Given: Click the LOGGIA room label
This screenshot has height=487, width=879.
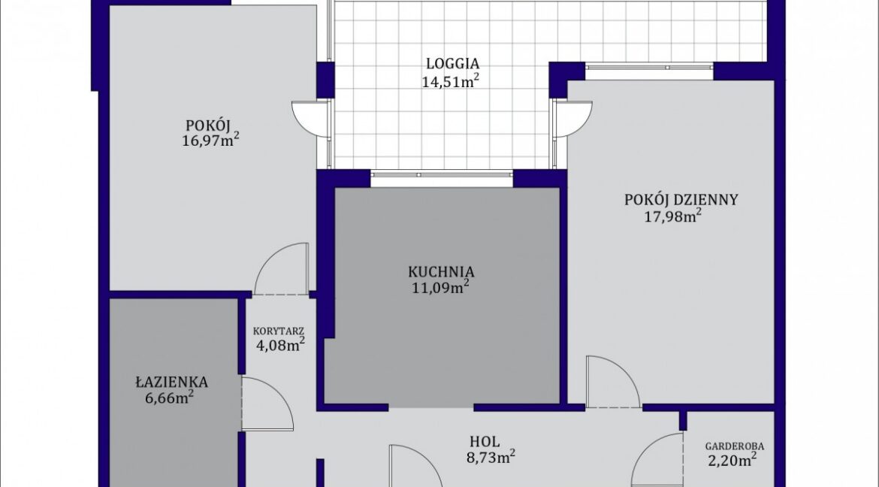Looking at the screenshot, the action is click(x=452, y=63).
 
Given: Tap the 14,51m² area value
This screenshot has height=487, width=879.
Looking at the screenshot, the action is click(x=451, y=81).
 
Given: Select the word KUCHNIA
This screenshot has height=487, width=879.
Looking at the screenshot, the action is click(x=441, y=272).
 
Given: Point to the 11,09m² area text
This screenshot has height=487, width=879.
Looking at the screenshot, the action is click(x=440, y=288).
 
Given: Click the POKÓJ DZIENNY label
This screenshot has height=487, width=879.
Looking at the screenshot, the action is click(x=681, y=200).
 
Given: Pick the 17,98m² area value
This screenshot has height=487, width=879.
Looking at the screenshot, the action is click(x=672, y=216).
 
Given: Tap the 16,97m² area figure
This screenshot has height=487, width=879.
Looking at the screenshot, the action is click(x=211, y=140).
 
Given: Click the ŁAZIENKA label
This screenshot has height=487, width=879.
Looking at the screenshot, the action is click(x=171, y=382).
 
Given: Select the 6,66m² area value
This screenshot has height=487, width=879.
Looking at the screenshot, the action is click(x=169, y=398).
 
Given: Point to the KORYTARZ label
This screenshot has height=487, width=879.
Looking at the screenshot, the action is click(x=279, y=331).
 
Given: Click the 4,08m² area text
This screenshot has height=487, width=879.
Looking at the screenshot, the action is click(x=280, y=344).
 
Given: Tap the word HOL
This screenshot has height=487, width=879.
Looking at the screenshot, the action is click(x=485, y=442).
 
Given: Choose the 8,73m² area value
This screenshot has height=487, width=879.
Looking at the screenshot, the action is click(x=491, y=457).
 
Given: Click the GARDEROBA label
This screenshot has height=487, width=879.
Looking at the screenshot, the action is click(x=734, y=446).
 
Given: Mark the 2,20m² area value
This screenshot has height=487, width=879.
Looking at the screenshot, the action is click(x=732, y=461).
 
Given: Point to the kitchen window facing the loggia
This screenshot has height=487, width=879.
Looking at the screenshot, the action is click(x=442, y=175).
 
